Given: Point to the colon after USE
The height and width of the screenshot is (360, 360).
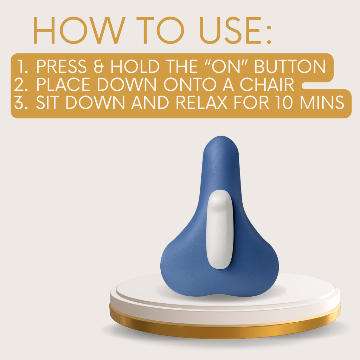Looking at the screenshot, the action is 269,34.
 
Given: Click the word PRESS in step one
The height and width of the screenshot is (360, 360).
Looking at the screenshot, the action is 62,66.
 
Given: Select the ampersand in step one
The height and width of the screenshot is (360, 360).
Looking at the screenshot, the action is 99,66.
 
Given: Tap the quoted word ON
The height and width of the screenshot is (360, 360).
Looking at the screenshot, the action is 225,66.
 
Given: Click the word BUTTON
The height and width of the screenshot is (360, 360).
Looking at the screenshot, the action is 290,66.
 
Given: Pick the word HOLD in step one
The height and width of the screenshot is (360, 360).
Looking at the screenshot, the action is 135,66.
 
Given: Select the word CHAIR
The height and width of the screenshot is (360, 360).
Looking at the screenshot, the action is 267,84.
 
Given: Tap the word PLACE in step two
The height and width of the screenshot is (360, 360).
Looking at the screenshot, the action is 63,84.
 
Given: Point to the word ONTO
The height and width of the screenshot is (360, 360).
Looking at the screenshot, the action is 190,84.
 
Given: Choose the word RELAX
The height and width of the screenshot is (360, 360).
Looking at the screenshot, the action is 201,102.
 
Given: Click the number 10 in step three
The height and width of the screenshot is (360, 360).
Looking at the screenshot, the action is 284,102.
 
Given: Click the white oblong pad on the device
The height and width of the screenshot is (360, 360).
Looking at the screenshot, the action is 220,230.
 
